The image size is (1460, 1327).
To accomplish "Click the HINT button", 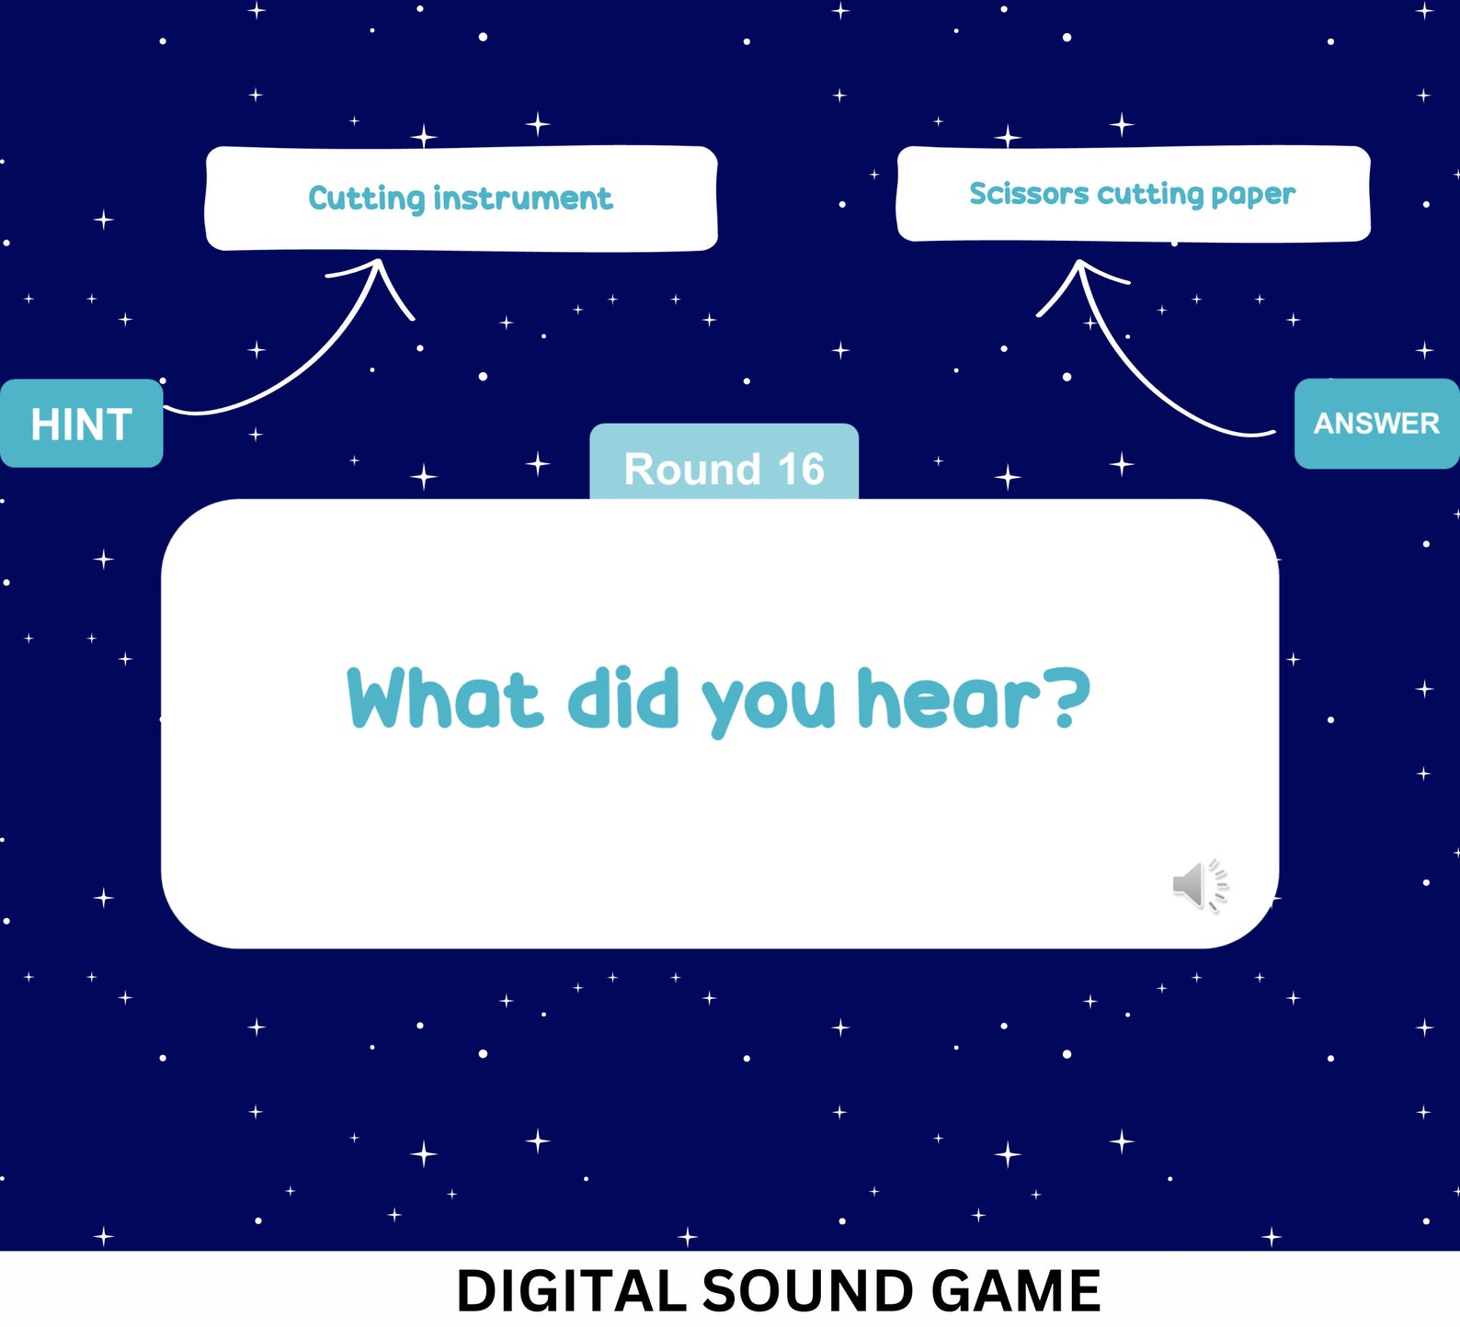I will tap(81, 424).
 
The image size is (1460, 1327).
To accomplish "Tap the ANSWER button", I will tap(1376, 424).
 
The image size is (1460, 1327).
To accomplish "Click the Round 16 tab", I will tap(724, 464).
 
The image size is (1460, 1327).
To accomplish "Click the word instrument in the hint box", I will tap(522, 198).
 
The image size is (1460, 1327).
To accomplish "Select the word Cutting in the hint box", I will tap(366, 198).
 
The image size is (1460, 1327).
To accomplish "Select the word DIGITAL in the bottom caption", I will tap(571, 1291).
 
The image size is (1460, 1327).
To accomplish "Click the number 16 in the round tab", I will tap(801, 469).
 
